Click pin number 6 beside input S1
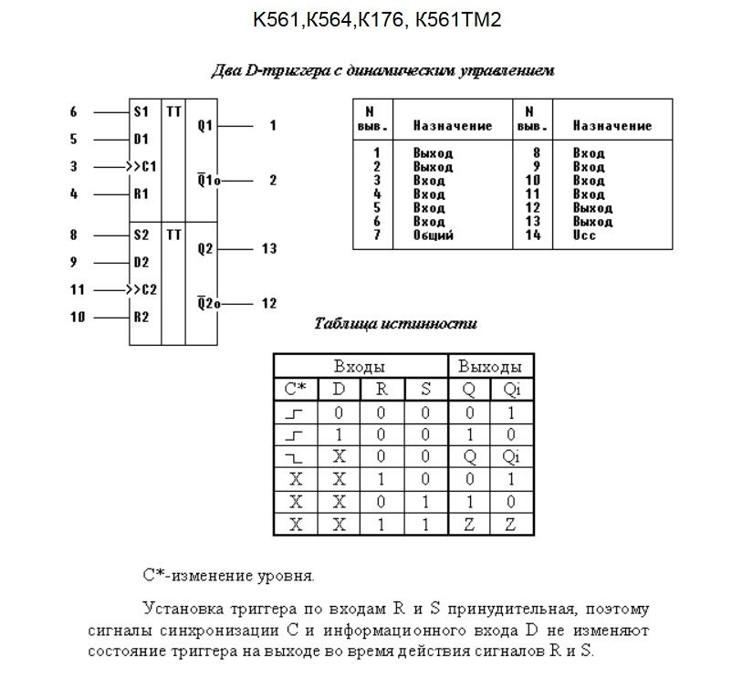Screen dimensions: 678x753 74,112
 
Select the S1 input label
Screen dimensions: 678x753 141,112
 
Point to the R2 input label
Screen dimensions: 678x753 141,318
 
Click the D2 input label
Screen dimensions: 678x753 141,263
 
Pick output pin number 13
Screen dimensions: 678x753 268,249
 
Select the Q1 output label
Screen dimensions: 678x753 204,126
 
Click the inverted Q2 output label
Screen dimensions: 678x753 206,303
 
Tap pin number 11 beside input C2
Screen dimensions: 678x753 78,290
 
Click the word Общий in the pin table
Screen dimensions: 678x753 433,235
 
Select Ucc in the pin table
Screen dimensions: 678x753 585,235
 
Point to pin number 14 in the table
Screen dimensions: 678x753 533,235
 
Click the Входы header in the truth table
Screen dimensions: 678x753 361,367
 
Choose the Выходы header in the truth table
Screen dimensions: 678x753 490,367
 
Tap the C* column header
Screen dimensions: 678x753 295,390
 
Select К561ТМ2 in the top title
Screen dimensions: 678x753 457,19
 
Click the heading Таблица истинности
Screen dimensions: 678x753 395,324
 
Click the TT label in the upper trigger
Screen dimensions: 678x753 174,111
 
